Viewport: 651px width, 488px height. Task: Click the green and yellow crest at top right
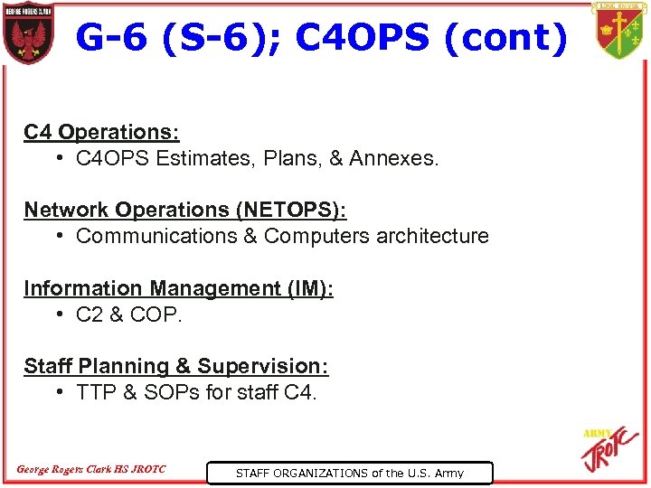[x=619, y=31]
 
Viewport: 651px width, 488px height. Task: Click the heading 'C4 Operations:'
[x=101, y=132]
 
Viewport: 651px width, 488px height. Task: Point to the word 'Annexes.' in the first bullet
[x=395, y=159]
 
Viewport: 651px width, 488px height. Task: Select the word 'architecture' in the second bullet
[x=432, y=237]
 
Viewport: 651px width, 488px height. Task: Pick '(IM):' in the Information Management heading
[x=307, y=288]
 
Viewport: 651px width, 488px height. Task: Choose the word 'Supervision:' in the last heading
[x=263, y=366]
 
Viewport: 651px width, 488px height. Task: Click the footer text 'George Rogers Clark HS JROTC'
[x=91, y=469]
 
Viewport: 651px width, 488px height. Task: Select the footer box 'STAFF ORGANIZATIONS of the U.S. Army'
[x=349, y=473]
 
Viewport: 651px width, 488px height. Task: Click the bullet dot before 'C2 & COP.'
[x=58, y=315]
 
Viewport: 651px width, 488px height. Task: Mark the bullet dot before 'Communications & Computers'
[x=58, y=237]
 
